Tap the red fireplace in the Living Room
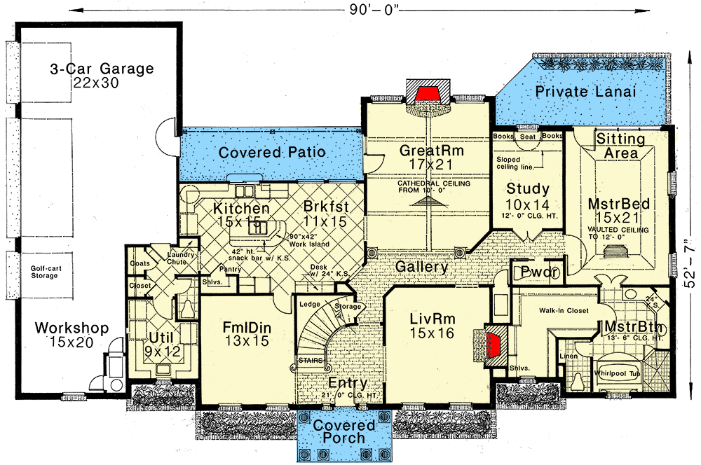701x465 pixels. point(494,344)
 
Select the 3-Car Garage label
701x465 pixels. point(102,69)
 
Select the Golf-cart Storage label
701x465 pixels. point(53,271)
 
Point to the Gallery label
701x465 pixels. point(423,267)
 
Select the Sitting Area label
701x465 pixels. point(621,146)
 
